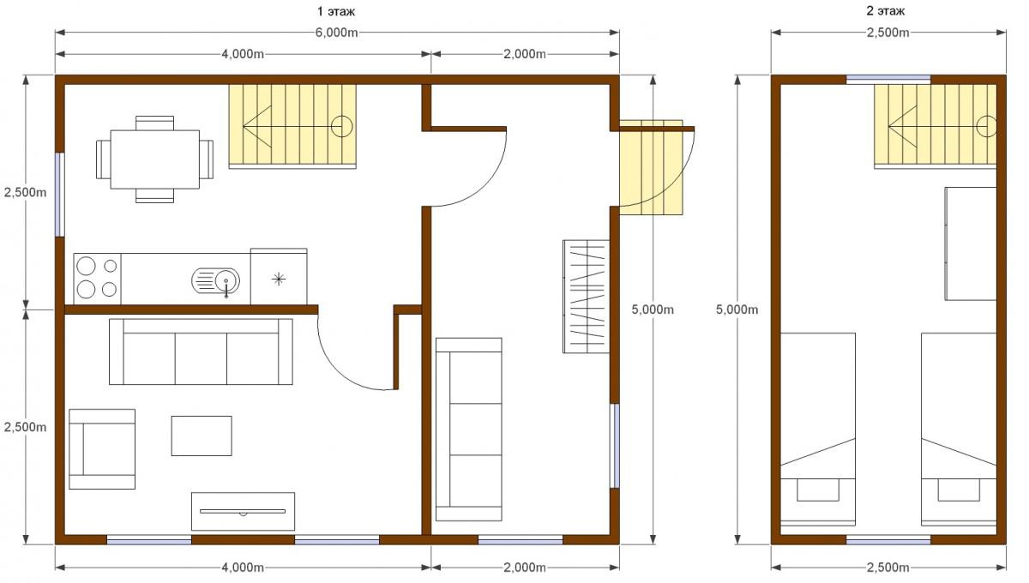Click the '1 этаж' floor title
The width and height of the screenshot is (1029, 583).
(x=336, y=11)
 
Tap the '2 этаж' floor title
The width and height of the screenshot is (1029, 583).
(x=885, y=10)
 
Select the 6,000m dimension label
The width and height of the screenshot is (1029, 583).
(x=337, y=33)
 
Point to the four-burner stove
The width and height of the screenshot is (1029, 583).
(x=98, y=279)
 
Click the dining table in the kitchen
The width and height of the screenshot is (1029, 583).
(x=155, y=159)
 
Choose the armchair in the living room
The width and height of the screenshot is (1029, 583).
(x=102, y=449)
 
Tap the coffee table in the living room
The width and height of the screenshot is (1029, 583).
(x=202, y=436)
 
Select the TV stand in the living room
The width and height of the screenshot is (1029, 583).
(x=243, y=511)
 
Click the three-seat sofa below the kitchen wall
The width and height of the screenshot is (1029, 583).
(x=201, y=352)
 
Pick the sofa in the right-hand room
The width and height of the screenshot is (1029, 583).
(x=468, y=430)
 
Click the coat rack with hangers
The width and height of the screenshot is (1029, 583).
(x=587, y=297)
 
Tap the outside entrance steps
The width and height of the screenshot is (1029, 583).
(x=651, y=168)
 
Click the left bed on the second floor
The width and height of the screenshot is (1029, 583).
(x=818, y=429)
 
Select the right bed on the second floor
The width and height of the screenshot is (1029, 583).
(x=959, y=429)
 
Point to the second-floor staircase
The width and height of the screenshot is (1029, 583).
(x=936, y=126)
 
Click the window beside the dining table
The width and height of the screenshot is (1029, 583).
(x=59, y=195)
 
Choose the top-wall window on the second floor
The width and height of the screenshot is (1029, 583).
(x=888, y=80)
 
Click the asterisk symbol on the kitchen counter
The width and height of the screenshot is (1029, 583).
(x=279, y=279)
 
